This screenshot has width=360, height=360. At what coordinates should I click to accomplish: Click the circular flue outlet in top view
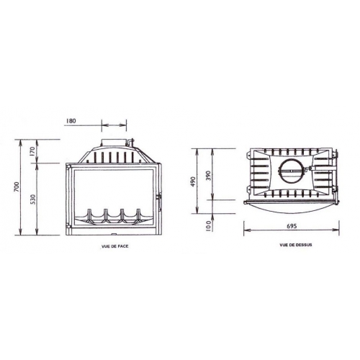pyautogui.click(x=292, y=174)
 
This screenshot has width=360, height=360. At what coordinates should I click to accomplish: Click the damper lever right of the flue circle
pyautogui.click(x=310, y=172)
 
